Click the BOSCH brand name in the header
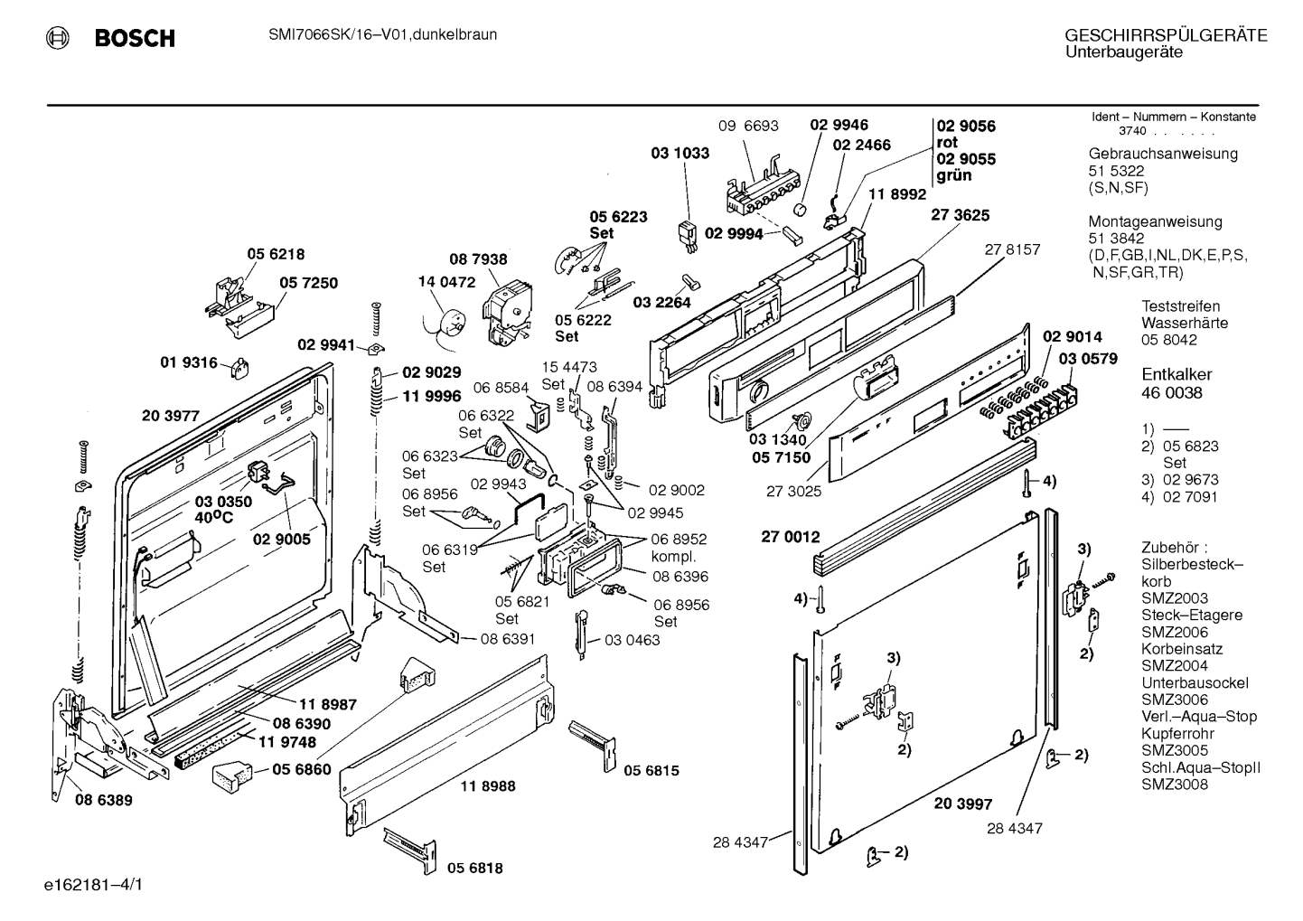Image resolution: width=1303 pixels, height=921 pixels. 135,38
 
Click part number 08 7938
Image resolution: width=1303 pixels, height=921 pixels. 478,258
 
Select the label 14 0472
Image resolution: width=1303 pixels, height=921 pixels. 446,282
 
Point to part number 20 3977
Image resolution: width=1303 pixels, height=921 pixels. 171,416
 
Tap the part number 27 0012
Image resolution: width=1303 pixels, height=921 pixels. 791,537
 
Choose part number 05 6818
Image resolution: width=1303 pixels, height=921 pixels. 475,868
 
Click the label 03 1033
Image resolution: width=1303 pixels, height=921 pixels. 680,153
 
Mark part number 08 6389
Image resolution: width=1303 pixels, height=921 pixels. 104,800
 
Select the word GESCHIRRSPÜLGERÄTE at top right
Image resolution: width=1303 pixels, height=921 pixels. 1166,35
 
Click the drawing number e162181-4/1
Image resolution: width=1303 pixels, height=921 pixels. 93,885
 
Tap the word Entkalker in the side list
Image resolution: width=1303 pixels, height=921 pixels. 1176,374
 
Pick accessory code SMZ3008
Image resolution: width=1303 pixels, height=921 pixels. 1175,785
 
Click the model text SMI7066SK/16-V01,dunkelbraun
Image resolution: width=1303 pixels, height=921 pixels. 383,34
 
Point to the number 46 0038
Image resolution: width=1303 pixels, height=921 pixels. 1172,393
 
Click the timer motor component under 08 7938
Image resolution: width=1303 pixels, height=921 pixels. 507,315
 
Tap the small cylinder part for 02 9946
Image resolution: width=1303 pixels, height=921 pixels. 801,208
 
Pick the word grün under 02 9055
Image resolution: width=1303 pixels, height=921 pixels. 954,175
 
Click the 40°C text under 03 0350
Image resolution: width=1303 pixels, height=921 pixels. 213,517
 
